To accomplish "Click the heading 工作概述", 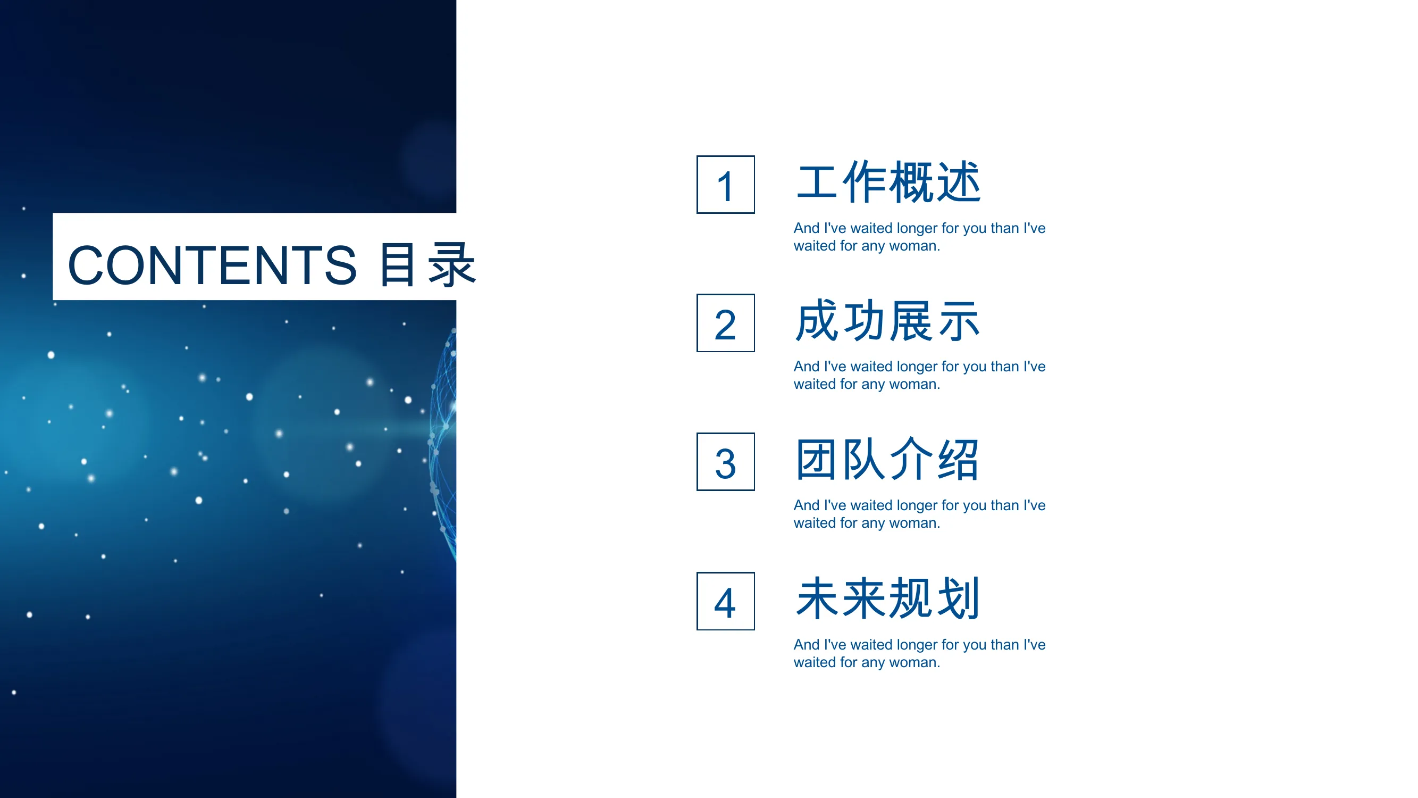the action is pyautogui.click(x=888, y=182).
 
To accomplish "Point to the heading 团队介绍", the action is pyautogui.click(x=888, y=460).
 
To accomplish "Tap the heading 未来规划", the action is pyautogui.click(x=888, y=598).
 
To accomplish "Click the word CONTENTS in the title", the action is pyautogui.click(x=213, y=265).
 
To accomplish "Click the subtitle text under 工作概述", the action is pyautogui.click(x=919, y=237).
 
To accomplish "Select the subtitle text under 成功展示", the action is pyautogui.click(x=919, y=375).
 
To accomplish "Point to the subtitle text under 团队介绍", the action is pyautogui.click(x=919, y=514).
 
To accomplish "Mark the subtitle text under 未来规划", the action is pyautogui.click(x=919, y=653).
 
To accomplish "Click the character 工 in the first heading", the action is pyautogui.click(x=817, y=182).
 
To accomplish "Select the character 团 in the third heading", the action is pyautogui.click(x=817, y=460).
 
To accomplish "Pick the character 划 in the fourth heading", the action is pyautogui.click(x=959, y=598).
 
